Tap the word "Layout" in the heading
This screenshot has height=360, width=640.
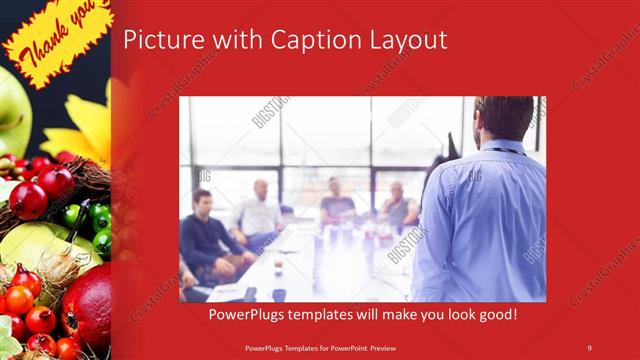pyautogui.click(x=404, y=41)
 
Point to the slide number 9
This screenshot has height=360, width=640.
pyautogui.click(x=590, y=347)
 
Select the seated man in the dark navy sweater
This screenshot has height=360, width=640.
pyautogui.click(x=206, y=235)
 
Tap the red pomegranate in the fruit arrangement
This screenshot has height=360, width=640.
pyautogui.click(x=87, y=306)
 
